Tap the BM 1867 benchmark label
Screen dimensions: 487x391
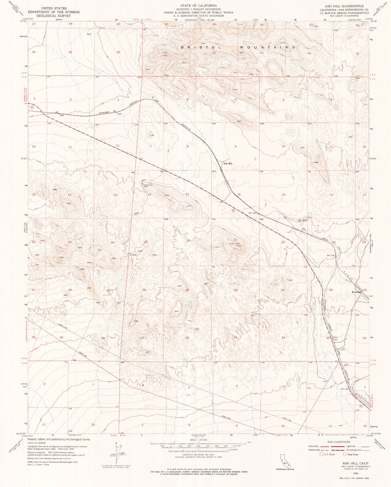(253, 213)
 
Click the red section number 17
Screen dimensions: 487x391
(187, 195)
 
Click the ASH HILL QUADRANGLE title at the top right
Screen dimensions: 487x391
(347, 6)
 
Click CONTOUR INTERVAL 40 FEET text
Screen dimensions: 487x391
(198, 455)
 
